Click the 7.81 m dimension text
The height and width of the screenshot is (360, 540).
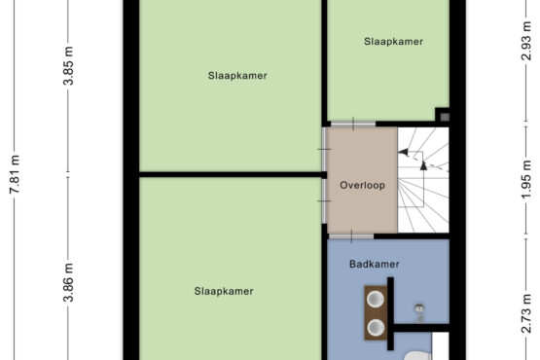point(15,174)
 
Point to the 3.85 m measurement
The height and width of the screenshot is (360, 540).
point(68,65)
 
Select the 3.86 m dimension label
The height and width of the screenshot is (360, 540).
point(68,282)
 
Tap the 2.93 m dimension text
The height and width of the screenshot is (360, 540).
point(525,41)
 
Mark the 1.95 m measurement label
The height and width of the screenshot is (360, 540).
point(525,180)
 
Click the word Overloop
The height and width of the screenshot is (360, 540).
point(362,185)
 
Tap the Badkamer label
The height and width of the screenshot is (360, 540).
point(375,265)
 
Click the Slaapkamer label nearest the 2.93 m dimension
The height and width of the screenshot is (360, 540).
point(393,42)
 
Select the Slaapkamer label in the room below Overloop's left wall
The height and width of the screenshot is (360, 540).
point(224,292)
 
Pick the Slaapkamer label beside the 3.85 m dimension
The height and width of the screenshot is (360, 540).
point(237,76)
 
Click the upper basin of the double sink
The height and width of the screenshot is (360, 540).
point(376,299)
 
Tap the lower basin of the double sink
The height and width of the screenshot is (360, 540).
point(376,327)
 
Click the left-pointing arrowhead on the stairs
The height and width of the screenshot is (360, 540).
point(403,152)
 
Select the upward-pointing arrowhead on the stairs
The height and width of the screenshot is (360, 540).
point(423,165)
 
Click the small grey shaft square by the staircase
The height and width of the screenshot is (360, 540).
point(445,117)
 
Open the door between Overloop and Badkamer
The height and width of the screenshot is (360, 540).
point(351,236)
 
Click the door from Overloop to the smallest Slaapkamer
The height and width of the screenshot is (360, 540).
point(353,124)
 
